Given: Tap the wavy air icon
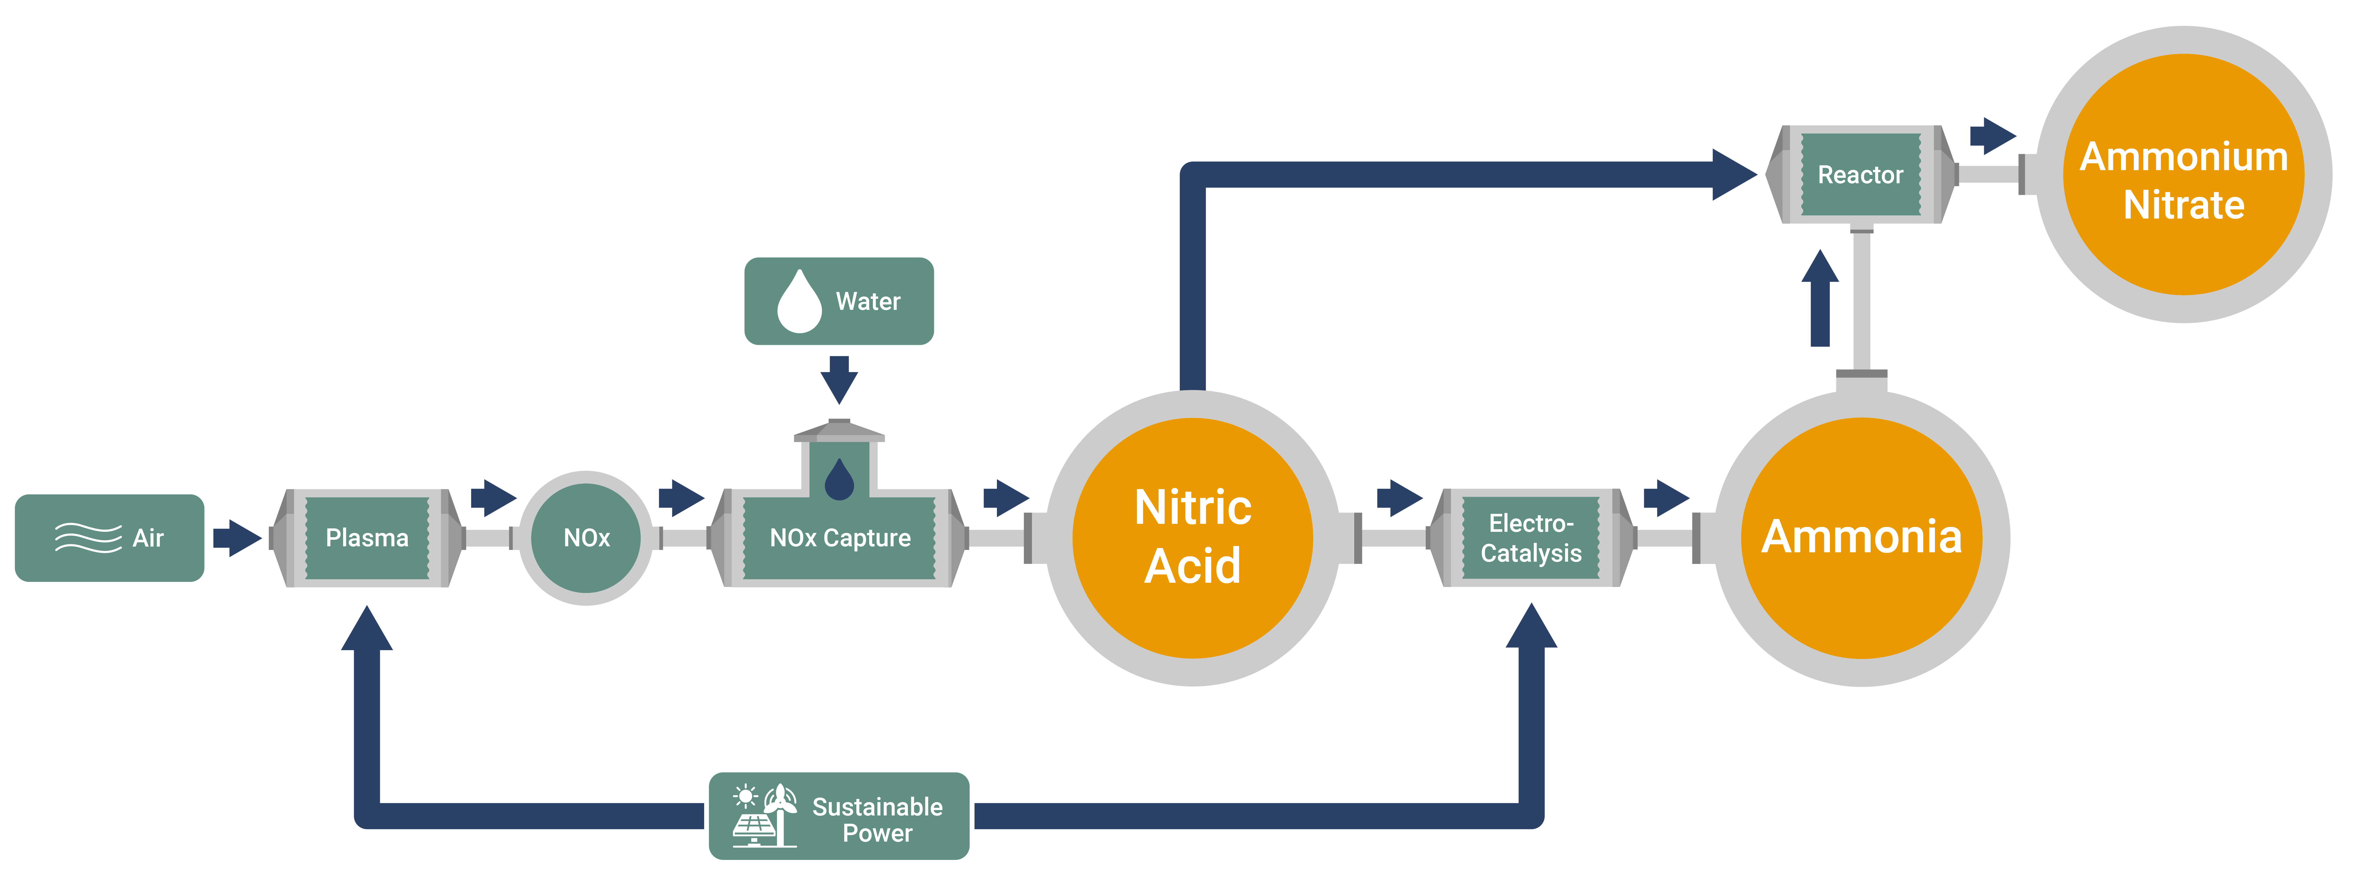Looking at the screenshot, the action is pos(88,537).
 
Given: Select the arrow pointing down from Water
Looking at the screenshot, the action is pos(839,379).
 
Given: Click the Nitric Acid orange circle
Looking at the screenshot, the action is pos(1193,537).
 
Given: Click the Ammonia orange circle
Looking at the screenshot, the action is pos(1862,537).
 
